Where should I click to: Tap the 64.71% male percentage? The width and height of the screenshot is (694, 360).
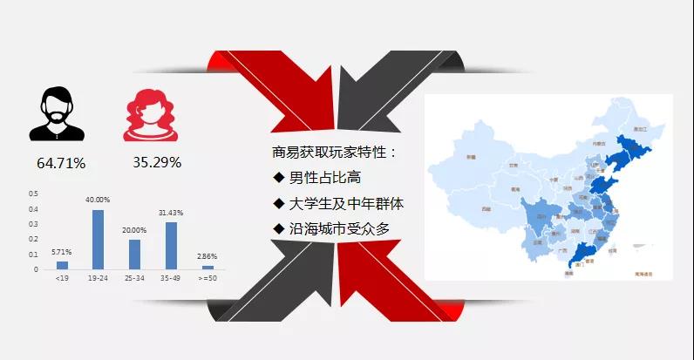61,163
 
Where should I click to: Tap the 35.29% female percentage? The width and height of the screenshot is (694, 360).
157,162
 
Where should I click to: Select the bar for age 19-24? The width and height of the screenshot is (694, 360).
99,239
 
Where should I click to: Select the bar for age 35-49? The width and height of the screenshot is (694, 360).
171,245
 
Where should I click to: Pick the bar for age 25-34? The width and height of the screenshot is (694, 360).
134,254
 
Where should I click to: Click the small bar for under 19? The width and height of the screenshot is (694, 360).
62,264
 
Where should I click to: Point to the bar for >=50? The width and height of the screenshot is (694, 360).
208,267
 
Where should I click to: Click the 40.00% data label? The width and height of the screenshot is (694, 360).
99,200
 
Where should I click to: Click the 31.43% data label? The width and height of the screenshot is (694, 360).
171,214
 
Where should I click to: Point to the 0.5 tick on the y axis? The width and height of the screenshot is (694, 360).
34,193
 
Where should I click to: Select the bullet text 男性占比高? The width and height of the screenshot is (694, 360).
314,179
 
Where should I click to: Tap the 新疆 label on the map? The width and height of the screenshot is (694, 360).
471,157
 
